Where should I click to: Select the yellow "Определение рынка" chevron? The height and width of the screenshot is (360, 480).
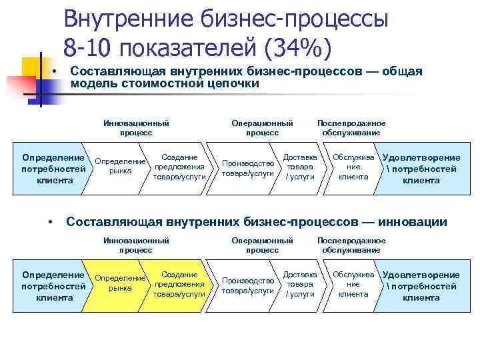pos(119,283)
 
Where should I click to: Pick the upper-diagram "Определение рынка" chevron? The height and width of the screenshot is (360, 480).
pos(119,166)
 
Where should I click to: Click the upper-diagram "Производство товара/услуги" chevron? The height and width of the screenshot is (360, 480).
pos(247,167)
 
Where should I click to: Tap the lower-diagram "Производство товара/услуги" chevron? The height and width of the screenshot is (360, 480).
pos(247,285)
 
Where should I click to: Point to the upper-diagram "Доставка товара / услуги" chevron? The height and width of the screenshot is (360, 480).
pos(299,167)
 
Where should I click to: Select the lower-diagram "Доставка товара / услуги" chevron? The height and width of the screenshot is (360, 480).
pos(299,284)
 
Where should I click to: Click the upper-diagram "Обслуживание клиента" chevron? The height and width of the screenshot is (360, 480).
pos(352,167)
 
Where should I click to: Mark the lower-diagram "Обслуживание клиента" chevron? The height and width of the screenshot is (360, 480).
pos(352,284)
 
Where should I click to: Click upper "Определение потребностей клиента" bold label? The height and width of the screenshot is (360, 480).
pos(54,169)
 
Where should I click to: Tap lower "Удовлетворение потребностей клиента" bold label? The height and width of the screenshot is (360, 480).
pos(421,286)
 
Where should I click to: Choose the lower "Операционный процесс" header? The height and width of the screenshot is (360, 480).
pos(262,245)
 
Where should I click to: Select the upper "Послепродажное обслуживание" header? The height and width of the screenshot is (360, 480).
pos(351,128)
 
